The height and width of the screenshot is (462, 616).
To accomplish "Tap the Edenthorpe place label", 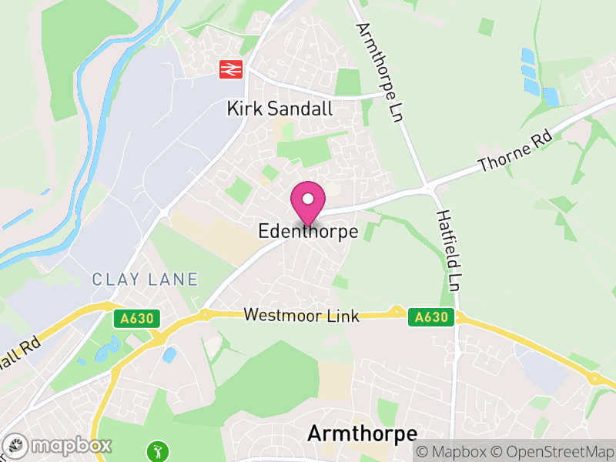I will (309, 231).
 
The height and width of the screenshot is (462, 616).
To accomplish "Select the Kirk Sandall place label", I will (280, 109).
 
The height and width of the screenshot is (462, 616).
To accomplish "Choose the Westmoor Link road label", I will (302, 316).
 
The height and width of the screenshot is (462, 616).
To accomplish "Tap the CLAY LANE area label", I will (145, 280).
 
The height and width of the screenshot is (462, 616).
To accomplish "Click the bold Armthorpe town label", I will (362, 434).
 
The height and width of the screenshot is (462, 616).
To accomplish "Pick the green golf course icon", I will (157, 449).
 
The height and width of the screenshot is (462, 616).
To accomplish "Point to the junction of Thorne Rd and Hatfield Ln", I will (427, 187).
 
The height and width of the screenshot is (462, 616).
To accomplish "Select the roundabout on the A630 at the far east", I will (594, 377).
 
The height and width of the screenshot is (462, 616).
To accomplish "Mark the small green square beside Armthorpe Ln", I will (486, 27).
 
